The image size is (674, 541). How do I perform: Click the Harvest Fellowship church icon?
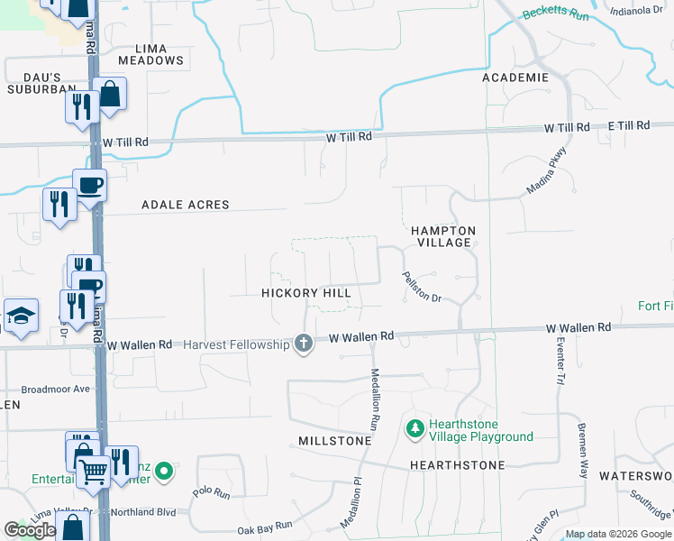(x=305, y=344)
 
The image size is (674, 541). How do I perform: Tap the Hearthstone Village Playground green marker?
(x=414, y=429)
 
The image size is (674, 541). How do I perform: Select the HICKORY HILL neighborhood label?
(x=305, y=293)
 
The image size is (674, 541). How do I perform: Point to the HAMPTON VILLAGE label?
(x=443, y=237)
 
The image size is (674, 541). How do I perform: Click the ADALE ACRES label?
(x=186, y=205)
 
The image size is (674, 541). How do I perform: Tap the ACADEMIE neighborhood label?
(x=515, y=78)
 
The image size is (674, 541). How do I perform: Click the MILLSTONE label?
(x=334, y=441)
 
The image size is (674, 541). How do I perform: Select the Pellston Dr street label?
(x=421, y=287)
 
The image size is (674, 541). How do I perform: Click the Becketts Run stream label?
(x=555, y=15)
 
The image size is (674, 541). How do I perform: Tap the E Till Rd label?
(x=628, y=125)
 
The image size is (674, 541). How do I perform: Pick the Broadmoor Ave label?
(x=56, y=389)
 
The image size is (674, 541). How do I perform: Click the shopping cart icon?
(x=92, y=470)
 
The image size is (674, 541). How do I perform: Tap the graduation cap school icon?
(x=21, y=316)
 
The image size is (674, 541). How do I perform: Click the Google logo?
(x=30, y=530)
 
